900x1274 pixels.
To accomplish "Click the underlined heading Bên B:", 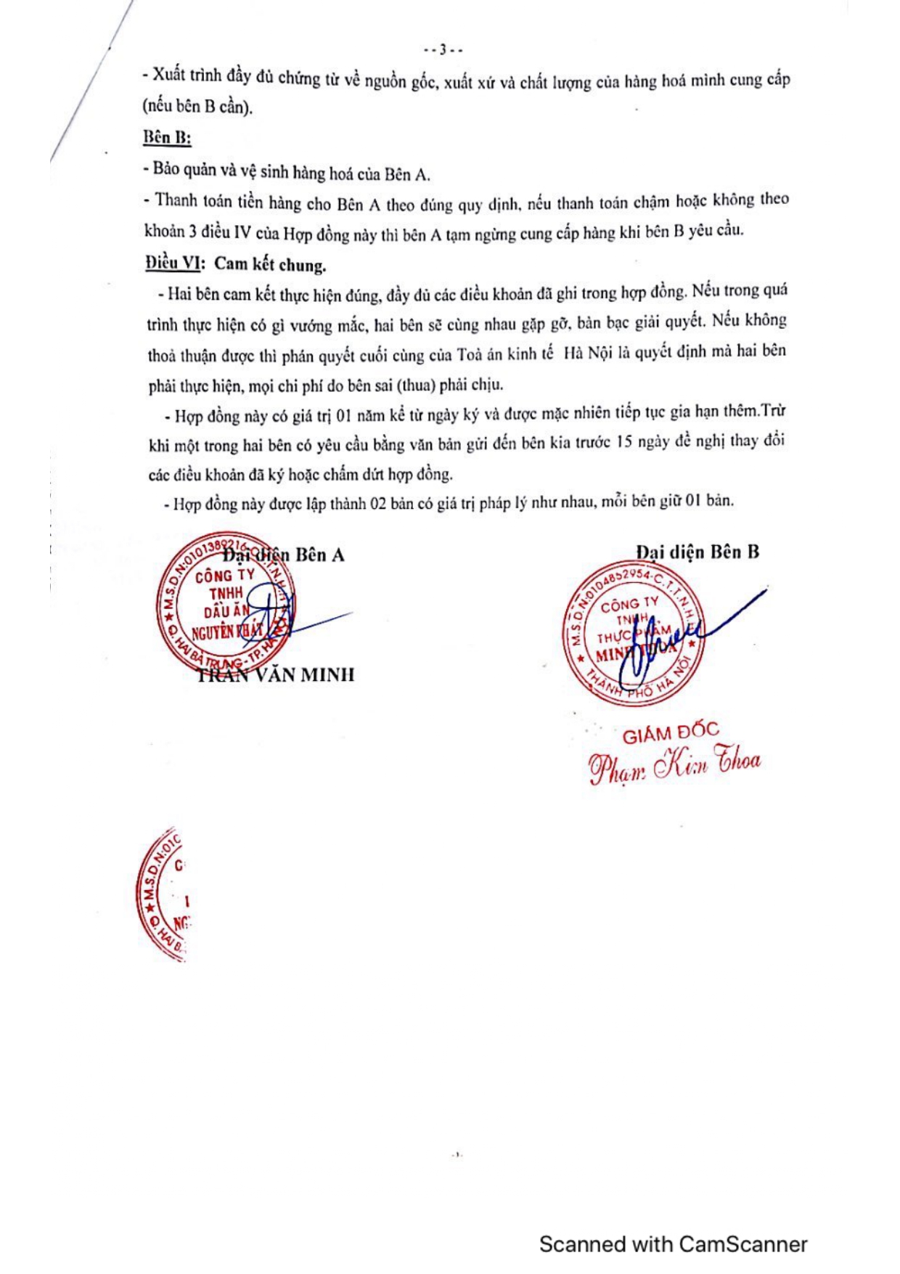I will coord(167,137).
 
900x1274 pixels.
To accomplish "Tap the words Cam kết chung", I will coord(270,264).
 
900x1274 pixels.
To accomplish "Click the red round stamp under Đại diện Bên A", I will coord(225,606).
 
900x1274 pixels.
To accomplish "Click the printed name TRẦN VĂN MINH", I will coord(277,675).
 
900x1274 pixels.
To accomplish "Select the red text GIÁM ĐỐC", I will coord(670,733).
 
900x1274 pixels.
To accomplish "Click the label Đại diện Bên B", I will coord(697,552).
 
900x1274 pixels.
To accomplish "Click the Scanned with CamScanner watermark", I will coord(673,1244).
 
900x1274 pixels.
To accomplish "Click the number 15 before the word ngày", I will coord(624,442).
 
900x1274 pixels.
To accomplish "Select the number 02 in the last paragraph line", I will coord(379,503).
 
